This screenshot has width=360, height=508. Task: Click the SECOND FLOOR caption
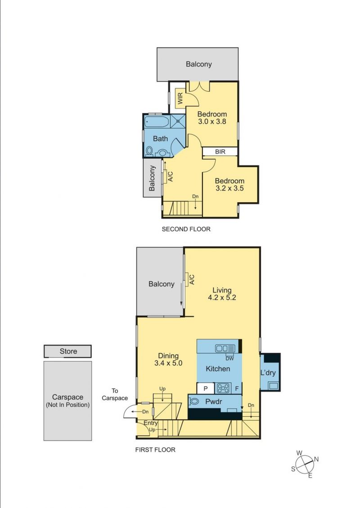(186, 229)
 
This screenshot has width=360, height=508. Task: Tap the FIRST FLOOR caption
(155, 450)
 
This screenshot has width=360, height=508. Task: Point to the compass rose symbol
(305, 464)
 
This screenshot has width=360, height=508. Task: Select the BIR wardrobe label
(220, 152)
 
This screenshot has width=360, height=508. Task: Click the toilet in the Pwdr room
(193, 402)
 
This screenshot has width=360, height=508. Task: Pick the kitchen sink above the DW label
(225, 348)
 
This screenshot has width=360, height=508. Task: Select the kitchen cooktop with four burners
(224, 388)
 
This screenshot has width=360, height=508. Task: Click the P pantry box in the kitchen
(205, 388)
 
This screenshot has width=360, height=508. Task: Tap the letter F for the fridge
(237, 388)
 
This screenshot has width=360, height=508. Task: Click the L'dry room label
(268, 373)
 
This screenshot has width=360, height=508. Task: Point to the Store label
(68, 351)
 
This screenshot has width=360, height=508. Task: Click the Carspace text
(67, 397)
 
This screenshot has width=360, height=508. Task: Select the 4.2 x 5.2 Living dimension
(222, 298)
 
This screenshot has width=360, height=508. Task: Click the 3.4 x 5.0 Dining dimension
(168, 363)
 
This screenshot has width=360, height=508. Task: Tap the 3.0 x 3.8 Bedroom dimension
(212, 121)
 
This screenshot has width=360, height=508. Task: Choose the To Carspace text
(115, 394)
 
